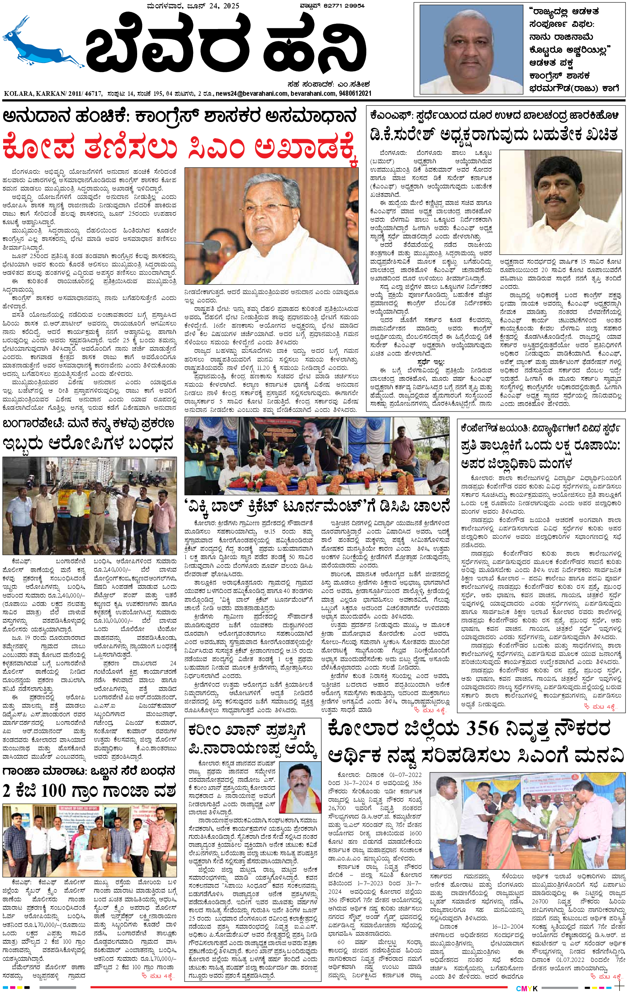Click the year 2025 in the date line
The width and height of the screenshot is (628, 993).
[231, 6]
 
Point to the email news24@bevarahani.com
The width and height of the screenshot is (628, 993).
[251, 94]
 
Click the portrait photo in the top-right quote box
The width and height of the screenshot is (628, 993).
[471, 50]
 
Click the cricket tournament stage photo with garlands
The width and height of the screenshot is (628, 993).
[317, 456]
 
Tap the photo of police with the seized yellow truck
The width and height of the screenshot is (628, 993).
[90, 505]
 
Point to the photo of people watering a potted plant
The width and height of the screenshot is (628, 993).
[527, 820]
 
